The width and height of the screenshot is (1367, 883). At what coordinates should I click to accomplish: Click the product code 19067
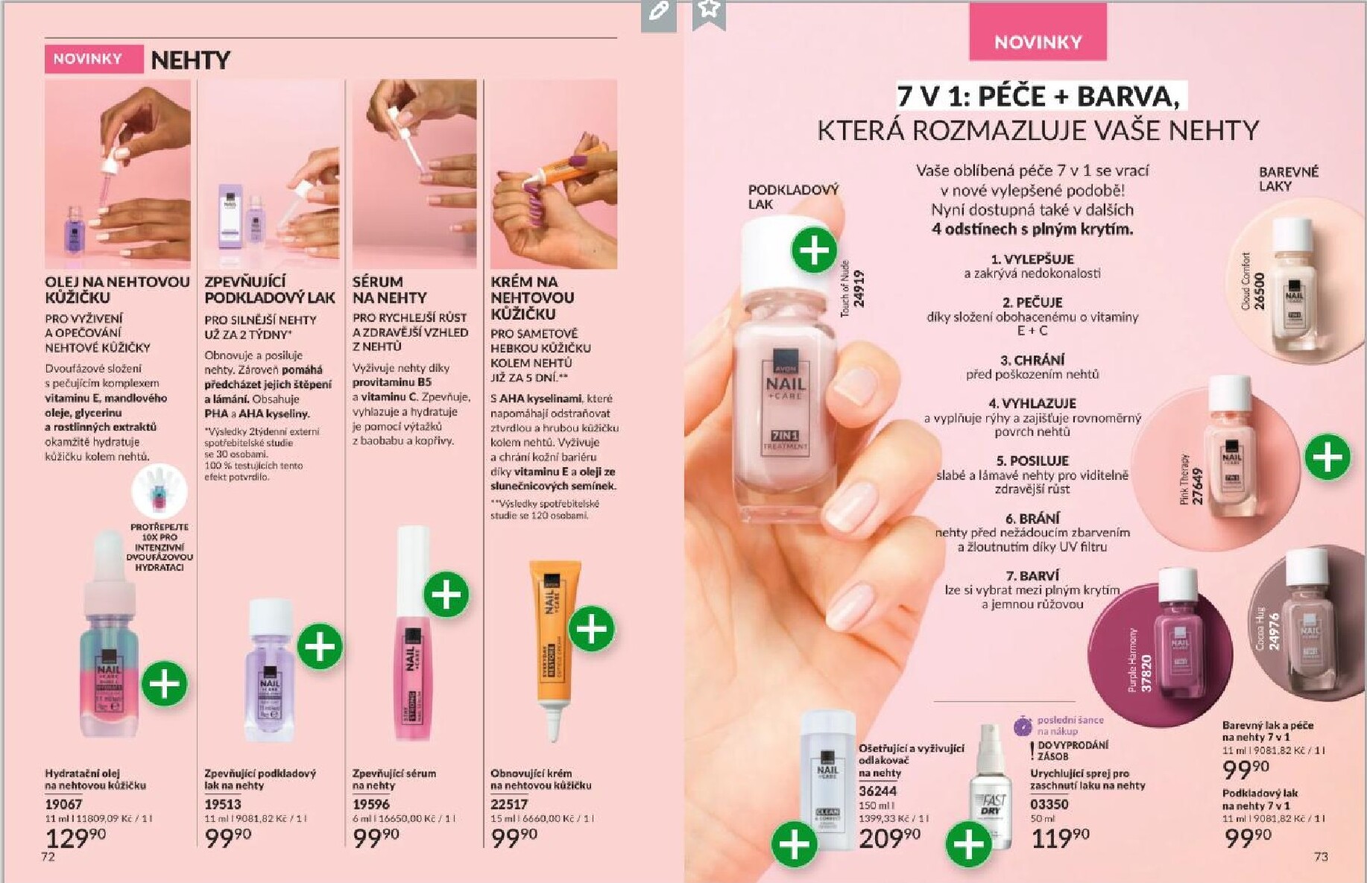[63, 804]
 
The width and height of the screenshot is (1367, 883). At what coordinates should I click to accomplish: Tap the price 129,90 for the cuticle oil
[75, 838]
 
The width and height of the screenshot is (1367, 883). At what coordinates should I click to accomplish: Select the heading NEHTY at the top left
[191, 60]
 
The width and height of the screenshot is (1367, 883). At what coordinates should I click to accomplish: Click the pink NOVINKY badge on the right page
[1037, 42]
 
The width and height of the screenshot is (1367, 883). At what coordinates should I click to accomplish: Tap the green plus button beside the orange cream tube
[592, 629]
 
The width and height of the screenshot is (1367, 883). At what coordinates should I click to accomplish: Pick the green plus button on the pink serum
[446, 595]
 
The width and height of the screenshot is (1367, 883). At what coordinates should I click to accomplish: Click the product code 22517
[509, 804]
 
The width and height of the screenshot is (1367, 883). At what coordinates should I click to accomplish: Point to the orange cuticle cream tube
[555, 641]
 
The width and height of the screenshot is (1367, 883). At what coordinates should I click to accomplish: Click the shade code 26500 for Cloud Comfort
[1259, 291]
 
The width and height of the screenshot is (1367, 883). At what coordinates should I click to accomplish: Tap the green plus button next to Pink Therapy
[1327, 457]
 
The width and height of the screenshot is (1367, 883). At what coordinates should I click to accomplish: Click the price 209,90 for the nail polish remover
[889, 838]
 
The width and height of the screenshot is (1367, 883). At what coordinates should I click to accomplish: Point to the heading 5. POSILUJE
[1032, 461]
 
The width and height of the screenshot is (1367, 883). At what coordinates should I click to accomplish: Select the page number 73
[1321, 857]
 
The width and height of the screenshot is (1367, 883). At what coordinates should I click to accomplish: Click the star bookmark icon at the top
[709, 10]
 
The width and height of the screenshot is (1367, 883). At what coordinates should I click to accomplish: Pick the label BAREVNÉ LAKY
[1288, 179]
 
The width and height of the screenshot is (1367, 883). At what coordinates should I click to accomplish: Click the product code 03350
[1049, 804]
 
